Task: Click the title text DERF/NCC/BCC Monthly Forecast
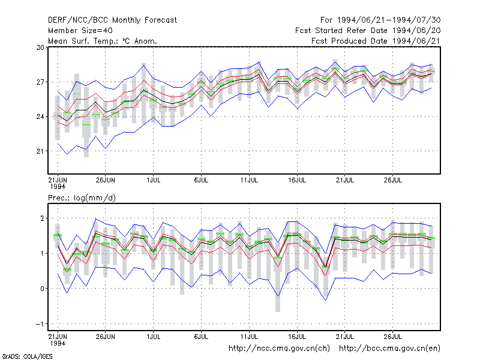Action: tap(112, 20)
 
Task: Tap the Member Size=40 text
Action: tap(80, 31)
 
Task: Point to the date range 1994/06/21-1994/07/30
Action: tap(388, 20)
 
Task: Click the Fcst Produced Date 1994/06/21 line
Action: tap(376, 41)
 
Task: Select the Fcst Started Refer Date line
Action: tap(368, 31)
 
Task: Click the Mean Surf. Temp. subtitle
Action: tap(103, 41)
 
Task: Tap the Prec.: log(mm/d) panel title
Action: tap(82, 198)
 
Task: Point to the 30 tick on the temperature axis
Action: tap(40, 47)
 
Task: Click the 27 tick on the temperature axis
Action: tap(40, 82)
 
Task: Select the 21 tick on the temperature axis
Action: tap(40, 151)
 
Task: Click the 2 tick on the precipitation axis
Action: tap(42, 218)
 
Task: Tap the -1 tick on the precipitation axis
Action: tap(40, 324)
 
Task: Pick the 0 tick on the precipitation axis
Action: tap(42, 289)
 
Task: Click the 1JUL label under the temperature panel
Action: tap(154, 180)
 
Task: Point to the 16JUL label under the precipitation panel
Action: tap(297, 337)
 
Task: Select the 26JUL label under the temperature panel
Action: tap(393, 180)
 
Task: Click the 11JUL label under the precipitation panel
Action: tap(249, 337)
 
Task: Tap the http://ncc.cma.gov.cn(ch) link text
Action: tap(279, 349)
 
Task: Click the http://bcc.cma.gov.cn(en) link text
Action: tap(389, 349)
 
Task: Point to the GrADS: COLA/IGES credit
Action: tap(27, 356)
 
